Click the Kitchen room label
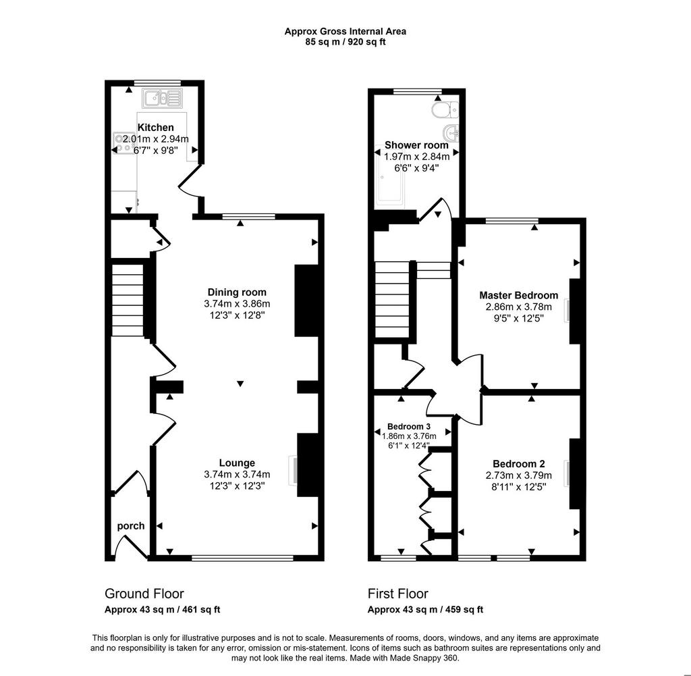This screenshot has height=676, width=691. click(x=156, y=128)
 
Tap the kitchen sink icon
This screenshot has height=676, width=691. click(x=162, y=98)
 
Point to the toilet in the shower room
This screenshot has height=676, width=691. click(x=445, y=109)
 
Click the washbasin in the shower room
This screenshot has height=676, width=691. click(x=450, y=131)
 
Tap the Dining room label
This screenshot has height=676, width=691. click(x=237, y=292)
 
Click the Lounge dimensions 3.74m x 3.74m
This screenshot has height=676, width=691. click(x=237, y=475)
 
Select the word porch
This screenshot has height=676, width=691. click(x=131, y=526)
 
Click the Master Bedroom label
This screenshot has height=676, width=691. click(x=519, y=295)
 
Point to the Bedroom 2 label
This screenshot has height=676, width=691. click(x=519, y=464)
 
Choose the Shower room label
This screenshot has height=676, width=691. click(x=416, y=145)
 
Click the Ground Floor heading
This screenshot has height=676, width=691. click(x=144, y=594)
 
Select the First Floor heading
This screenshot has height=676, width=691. click(x=398, y=594)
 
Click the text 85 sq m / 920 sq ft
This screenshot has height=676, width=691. click(x=345, y=43)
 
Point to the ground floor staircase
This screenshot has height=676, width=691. click(x=128, y=301)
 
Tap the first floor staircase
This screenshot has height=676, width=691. click(x=392, y=301)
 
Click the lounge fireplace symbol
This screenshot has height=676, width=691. click(x=293, y=471)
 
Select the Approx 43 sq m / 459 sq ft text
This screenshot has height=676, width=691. click(x=425, y=609)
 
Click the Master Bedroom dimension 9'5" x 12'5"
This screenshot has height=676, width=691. click(x=519, y=318)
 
